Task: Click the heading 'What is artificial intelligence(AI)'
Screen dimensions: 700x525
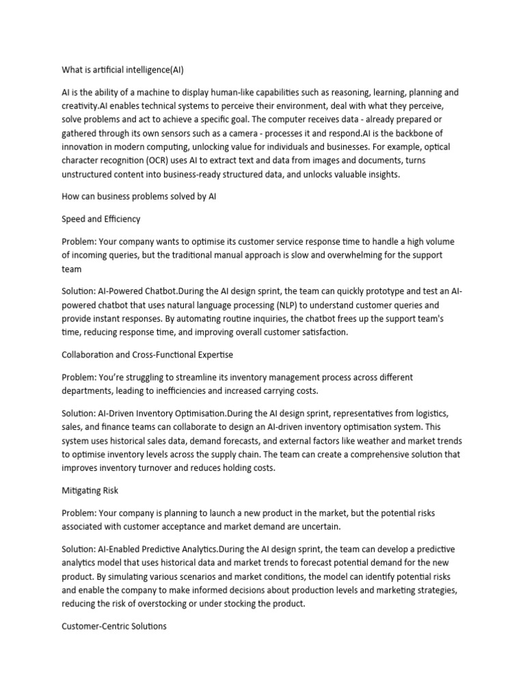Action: coord(122,70)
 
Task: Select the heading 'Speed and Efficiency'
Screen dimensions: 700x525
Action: coord(102,219)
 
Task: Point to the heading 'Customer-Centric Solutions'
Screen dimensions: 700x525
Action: coord(114,625)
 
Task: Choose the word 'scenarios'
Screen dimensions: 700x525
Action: coord(202,576)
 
